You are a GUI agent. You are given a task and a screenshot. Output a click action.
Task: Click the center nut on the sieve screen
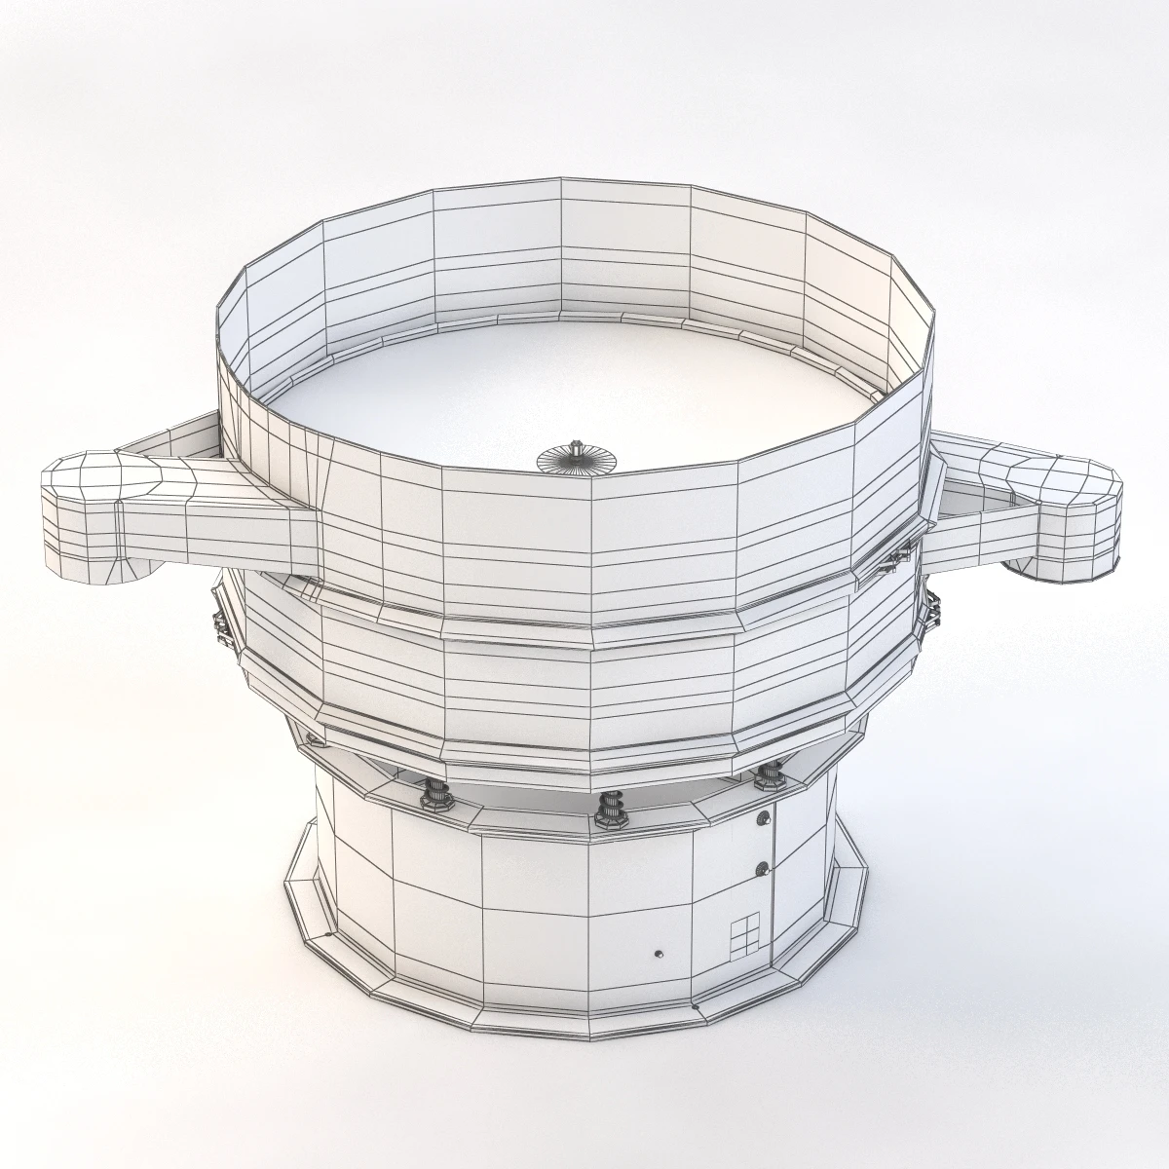pos(578,454)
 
